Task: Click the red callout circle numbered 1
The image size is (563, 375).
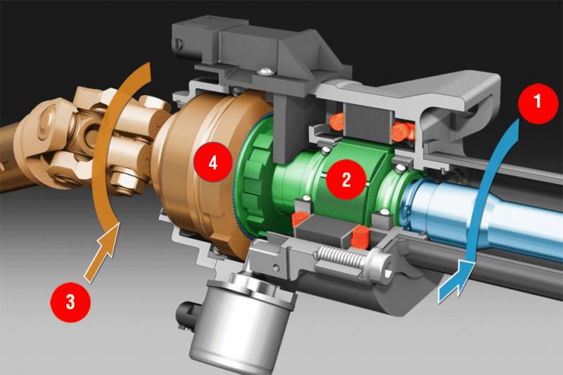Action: click(x=538, y=101)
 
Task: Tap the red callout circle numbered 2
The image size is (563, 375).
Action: click(x=346, y=179)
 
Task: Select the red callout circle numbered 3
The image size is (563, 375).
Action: click(x=70, y=302)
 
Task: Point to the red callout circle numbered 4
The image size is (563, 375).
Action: click(x=213, y=164)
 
